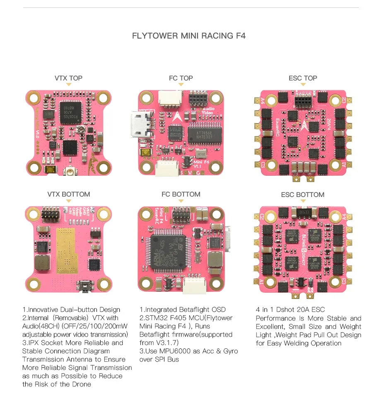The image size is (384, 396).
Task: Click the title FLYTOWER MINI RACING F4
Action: coord(188,36)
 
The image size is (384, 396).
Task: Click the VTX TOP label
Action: coord(68,78)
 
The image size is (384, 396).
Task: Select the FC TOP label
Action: coord(181,78)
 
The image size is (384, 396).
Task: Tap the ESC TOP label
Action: coord(303,78)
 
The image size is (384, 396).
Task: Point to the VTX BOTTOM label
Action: coord(68,194)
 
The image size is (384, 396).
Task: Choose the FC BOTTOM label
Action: coord(181,194)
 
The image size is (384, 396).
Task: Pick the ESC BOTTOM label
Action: coord(303,194)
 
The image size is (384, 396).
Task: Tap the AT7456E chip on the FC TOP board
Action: coord(205,133)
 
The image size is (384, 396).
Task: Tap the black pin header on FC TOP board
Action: coord(198,100)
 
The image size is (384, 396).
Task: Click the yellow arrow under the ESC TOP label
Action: coord(303,84)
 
